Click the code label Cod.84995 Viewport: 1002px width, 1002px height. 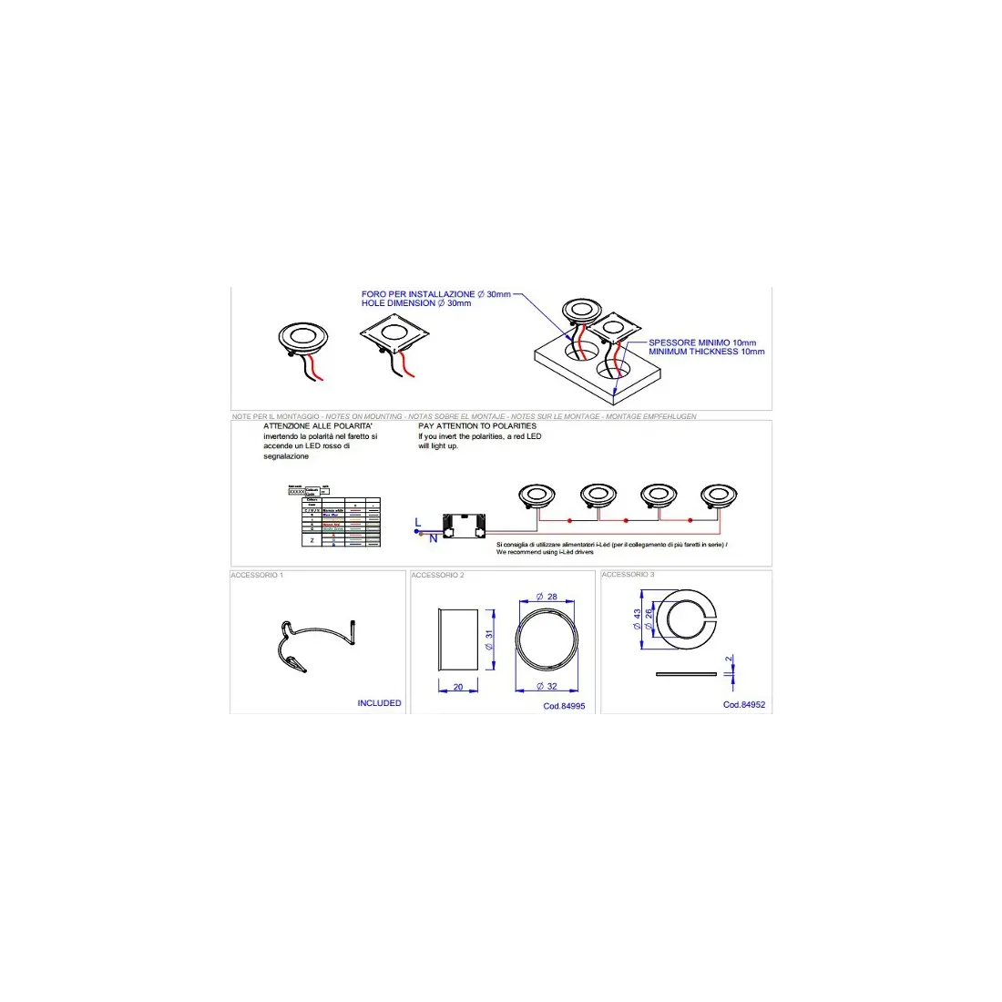pyautogui.click(x=564, y=706)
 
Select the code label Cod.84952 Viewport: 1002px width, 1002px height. pyautogui.click(x=744, y=705)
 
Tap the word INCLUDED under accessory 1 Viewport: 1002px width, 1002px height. pyautogui.click(x=379, y=703)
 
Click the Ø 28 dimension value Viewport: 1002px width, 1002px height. pyautogui.click(x=547, y=597)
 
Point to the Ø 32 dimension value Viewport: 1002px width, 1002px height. pyautogui.click(x=547, y=687)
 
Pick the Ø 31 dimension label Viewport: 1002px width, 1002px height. pyautogui.click(x=489, y=640)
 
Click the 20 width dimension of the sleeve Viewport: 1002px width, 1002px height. pyautogui.click(x=458, y=688)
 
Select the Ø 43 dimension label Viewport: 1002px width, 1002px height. pyautogui.click(x=637, y=620)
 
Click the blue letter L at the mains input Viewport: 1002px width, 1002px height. pyautogui.click(x=418, y=522)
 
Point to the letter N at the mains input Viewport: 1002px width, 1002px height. pyautogui.click(x=433, y=538)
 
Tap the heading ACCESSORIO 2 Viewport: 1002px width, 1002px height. pyautogui.click(x=437, y=576)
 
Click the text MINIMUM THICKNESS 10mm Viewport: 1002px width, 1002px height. pyautogui.click(x=706, y=352)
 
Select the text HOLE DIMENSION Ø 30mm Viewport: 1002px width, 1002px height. pyautogui.click(x=416, y=303)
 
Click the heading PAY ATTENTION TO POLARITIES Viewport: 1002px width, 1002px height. pyautogui.click(x=477, y=426)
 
